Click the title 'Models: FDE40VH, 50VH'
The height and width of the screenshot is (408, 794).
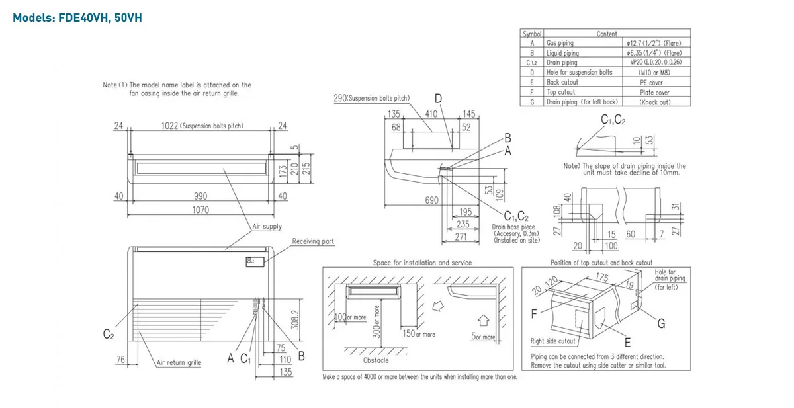pyautogui.click(x=77, y=18)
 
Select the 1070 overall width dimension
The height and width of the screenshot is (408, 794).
pyautogui.click(x=200, y=210)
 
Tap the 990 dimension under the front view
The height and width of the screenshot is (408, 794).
pyautogui.click(x=200, y=196)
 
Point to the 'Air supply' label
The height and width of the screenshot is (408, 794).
pyautogui.click(x=267, y=227)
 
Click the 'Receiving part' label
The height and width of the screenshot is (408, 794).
pyautogui.click(x=314, y=242)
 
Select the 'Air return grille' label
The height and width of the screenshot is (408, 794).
pyautogui.click(x=179, y=362)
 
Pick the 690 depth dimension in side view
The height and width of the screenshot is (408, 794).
pyautogui.click(x=431, y=200)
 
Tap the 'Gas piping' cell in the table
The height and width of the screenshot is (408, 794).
pyautogui.click(x=560, y=43)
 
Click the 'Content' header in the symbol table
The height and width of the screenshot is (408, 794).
pyautogui.click(x=607, y=34)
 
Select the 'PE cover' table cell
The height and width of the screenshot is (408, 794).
pyautogui.click(x=651, y=83)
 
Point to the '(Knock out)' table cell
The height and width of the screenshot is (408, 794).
pyautogui.click(x=655, y=102)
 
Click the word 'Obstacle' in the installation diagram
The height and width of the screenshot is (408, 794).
pyautogui.click(x=376, y=360)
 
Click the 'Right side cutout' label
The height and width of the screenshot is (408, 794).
pyautogui.click(x=553, y=341)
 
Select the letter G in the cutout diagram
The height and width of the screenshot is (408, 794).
pyautogui.click(x=661, y=323)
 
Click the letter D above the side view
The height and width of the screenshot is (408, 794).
pyautogui.click(x=438, y=100)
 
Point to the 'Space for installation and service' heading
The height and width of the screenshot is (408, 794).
pyautogui.click(x=422, y=263)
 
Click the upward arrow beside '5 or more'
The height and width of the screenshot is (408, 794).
pyautogui.click(x=483, y=320)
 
